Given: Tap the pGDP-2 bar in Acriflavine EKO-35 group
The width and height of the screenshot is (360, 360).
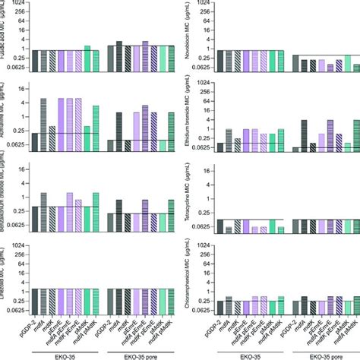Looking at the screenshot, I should (35, 142).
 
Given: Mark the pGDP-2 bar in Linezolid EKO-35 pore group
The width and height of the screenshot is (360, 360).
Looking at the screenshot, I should (110, 299).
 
